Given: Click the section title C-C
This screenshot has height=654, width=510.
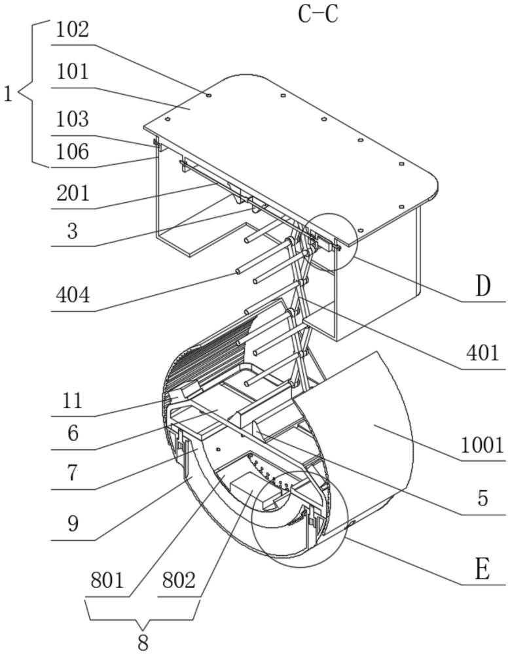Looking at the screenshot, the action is click(318, 14).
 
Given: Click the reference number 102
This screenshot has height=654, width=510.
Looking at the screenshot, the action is click(72, 31).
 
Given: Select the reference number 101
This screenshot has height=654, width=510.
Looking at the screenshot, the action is click(72, 72).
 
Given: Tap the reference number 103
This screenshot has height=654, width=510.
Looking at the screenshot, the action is click(72, 119).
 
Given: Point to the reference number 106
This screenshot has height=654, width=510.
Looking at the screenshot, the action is click(72, 152).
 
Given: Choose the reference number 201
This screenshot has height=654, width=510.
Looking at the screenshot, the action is click(73, 194).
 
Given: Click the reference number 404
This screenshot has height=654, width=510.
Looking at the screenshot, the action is click(73, 296).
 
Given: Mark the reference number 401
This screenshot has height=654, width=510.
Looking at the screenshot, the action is click(483, 353).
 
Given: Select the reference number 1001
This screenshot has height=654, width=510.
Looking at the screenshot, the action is click(483, 445).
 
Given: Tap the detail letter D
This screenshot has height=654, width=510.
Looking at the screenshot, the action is click(483, 287).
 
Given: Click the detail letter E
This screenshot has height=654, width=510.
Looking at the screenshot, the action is click(483, 570).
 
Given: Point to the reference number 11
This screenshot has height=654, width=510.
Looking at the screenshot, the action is click(72, 401).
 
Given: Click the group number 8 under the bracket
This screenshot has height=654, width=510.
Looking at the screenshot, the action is click(143, 643).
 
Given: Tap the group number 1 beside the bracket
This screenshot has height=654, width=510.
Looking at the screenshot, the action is click(9, 95).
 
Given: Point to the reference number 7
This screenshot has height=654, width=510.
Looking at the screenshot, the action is click(73, 473).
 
